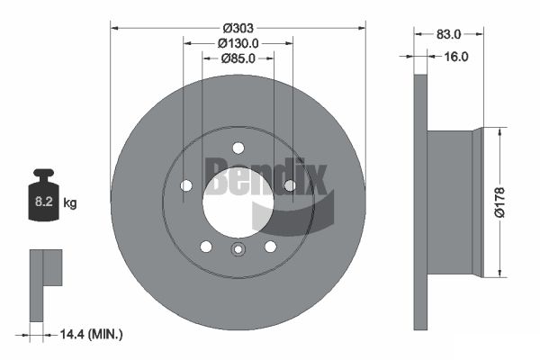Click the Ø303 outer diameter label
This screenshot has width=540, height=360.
pos(238,28)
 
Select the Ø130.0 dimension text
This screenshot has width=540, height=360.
pos(238,43)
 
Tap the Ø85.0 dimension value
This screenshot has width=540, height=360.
pos(238,58)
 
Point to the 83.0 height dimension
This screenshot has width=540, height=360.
pos(448,34)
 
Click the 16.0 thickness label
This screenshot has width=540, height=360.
pos(456,57)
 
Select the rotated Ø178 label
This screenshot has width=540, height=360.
pos(499,202)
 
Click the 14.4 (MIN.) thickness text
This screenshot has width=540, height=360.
pos(91,334)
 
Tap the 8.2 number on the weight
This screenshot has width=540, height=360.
pos(44,202)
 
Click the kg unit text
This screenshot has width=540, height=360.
pos(70,202)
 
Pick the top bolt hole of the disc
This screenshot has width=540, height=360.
pos(238,148)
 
